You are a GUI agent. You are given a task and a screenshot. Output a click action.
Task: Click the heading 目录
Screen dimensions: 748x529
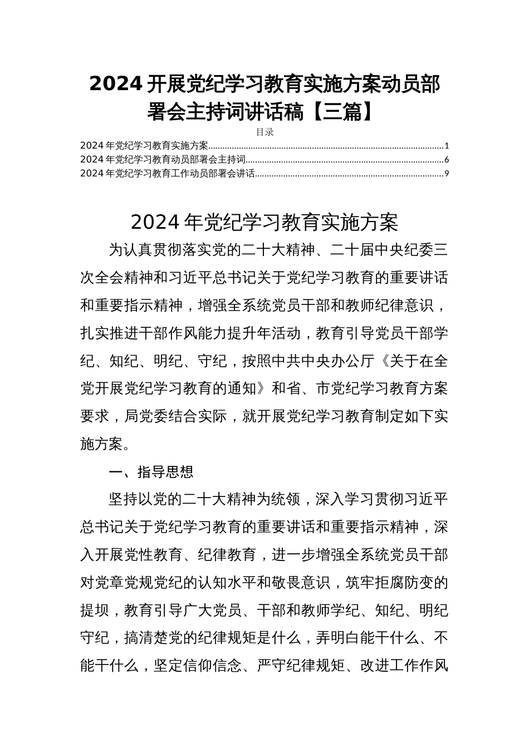pos(264,132)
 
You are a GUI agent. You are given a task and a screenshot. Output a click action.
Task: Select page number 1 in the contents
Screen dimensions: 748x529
pos(447,146)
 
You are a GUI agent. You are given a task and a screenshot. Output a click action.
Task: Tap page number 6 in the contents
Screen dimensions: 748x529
pos(447,160)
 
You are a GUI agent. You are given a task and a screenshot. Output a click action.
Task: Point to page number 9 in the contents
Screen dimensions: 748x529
pos(447,174)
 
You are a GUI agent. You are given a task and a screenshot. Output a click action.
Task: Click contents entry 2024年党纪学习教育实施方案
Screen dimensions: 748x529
pos(144,146)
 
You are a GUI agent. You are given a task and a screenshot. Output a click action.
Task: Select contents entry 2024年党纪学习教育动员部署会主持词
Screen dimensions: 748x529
pos(163,160)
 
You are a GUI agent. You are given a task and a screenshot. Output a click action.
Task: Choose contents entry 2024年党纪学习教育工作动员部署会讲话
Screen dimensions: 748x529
pos(168,174)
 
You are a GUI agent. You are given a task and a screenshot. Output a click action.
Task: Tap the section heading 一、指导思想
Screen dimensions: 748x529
pos(151,473)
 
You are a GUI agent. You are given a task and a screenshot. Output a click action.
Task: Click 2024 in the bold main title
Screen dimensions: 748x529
pos(116,85)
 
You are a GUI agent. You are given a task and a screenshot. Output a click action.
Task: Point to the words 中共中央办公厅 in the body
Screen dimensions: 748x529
pos(316,361)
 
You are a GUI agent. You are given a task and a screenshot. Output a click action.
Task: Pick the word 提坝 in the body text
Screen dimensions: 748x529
pos(95,611)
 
